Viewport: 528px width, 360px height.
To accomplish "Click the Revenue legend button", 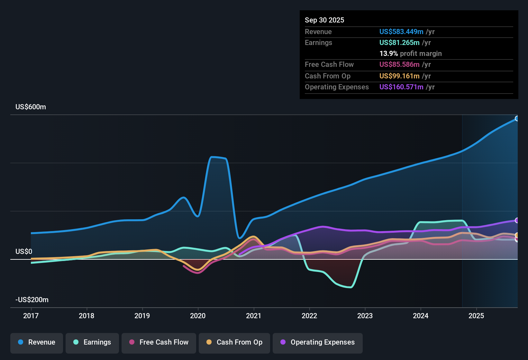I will coord(37,342).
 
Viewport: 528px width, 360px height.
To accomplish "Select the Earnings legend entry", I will coord(92,342).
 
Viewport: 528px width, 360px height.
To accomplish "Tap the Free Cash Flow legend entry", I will coord(159,342).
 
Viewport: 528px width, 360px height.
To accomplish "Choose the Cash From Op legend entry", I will coord(234,342).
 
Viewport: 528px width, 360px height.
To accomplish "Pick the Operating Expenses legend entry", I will coord(318,342).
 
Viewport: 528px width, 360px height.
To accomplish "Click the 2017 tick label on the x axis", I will coord(31,316).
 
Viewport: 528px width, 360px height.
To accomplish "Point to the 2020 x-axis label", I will coord(198,316).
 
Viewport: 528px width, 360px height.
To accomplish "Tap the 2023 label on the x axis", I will coord(365,316).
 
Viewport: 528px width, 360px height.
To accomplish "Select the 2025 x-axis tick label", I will coord(476,316).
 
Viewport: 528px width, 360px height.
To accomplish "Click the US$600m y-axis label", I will coord(31,107).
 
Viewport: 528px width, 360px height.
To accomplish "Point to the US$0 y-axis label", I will coord(24,252).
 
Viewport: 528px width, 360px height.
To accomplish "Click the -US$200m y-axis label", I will coord(32,300).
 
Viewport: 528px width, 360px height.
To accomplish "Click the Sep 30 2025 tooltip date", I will coord(324,20).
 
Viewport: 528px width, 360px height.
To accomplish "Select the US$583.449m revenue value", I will coord(401,32).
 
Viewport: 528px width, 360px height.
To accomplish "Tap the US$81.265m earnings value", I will coord(399,43).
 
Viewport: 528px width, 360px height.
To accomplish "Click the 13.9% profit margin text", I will coord(410,54).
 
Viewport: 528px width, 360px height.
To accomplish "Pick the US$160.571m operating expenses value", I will coord(401,87).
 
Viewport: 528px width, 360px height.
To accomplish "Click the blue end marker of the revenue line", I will coord(517,119).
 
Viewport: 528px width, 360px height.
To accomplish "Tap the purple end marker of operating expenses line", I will coord(517,221).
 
